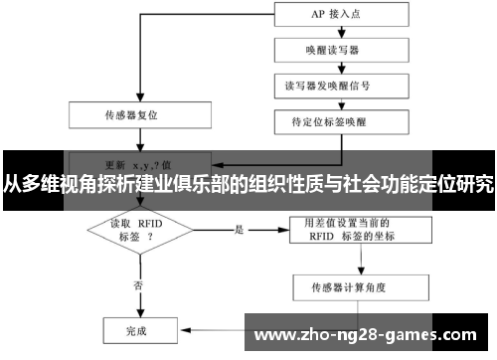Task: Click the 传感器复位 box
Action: pos(138,113)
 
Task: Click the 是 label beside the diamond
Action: pos(240,230)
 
